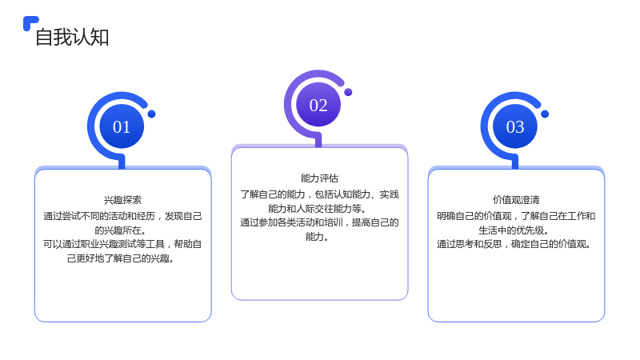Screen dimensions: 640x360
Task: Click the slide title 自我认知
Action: coord(72,37)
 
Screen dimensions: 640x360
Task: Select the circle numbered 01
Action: coord(122,126)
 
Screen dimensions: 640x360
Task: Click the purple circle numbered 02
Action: coord(318,105)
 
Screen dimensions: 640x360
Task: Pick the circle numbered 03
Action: coord(515,126)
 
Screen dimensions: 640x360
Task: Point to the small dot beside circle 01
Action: coord(151,114)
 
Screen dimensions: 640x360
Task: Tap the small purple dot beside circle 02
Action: coord(348,92)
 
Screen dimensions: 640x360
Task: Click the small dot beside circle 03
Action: coord(545,114)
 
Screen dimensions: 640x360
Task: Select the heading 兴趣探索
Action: coord(122,200)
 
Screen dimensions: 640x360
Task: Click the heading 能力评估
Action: coord(319,178)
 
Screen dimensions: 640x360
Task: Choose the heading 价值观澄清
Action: coord(516,200)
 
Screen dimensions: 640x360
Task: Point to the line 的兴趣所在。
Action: coord(121,230)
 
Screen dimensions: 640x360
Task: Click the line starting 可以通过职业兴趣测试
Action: coord(122,244)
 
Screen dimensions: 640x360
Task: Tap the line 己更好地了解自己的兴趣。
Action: coord(121,258)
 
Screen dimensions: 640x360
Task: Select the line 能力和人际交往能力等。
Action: coord(317,209)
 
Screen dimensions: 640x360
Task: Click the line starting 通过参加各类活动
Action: coord(319,222)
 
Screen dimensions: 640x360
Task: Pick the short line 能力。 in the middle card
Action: coord(317,237)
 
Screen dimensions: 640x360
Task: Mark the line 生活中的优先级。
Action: coord(514,230)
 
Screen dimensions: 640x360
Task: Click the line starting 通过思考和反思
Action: coord(514,244)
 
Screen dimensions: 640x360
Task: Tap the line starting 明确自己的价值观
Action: coord(516,216)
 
